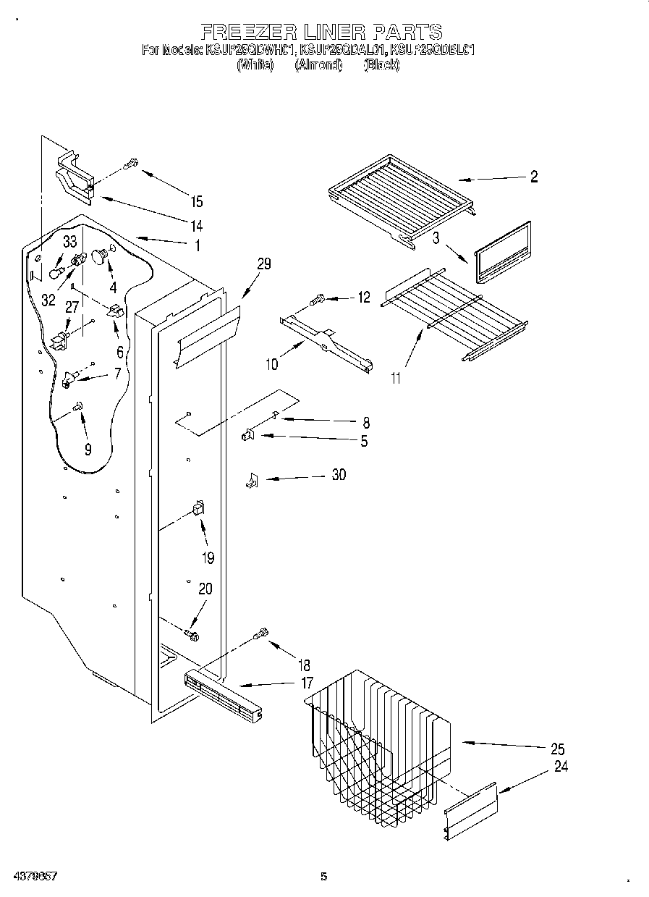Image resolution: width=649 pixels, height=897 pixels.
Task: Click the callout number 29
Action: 263,264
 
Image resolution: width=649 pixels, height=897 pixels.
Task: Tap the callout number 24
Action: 561,767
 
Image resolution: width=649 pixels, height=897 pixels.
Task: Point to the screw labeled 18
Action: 261,635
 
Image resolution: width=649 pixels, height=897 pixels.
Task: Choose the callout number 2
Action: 533,177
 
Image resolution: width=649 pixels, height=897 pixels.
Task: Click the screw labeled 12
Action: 318,298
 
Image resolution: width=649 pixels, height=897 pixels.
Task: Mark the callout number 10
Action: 271,365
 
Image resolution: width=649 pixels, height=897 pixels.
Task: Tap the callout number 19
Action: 208,557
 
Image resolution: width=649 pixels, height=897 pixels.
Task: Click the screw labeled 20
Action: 192,635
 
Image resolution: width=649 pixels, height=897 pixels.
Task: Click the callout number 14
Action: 196,224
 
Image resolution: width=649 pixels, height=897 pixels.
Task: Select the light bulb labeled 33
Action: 56,271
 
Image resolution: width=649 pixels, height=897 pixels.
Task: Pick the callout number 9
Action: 88,449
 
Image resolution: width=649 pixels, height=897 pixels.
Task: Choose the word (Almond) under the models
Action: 318,65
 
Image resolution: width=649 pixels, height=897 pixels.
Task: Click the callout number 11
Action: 395,377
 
